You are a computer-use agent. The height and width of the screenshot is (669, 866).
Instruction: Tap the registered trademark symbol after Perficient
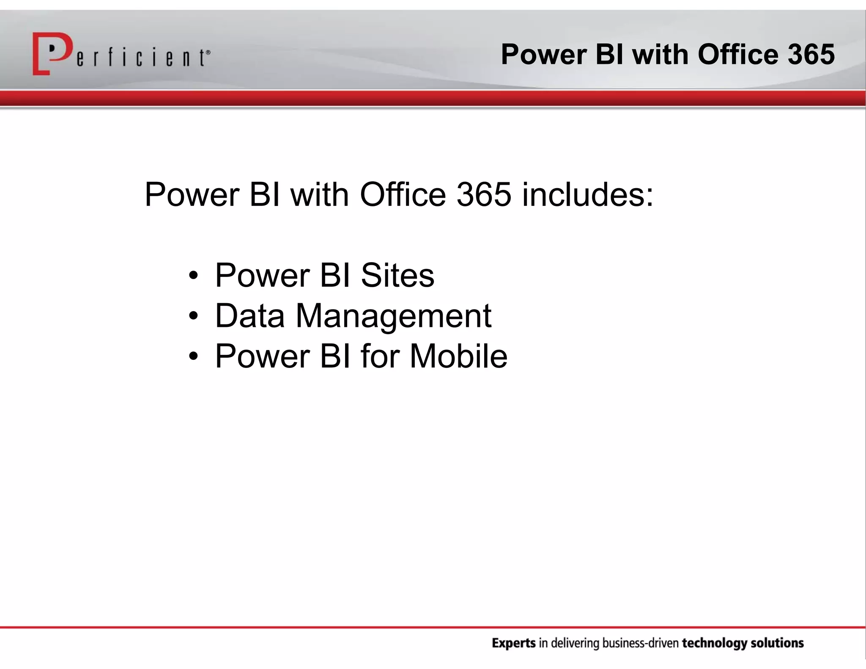pos(208,52)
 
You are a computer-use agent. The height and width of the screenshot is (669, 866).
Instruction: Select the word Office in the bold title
pos(737,55)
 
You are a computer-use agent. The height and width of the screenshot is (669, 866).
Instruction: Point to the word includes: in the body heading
pos(588,195)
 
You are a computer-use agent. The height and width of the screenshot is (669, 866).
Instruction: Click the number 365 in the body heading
pos(484,195)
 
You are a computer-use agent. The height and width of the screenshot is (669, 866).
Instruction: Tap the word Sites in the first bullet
pos(397,275)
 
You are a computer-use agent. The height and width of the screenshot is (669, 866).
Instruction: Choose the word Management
pos(393,316)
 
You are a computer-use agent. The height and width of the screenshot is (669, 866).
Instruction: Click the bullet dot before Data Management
pos(193,316)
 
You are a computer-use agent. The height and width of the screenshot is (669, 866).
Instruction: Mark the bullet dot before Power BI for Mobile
pos(193,356)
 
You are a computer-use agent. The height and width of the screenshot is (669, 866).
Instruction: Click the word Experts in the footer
pos(514,644)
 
